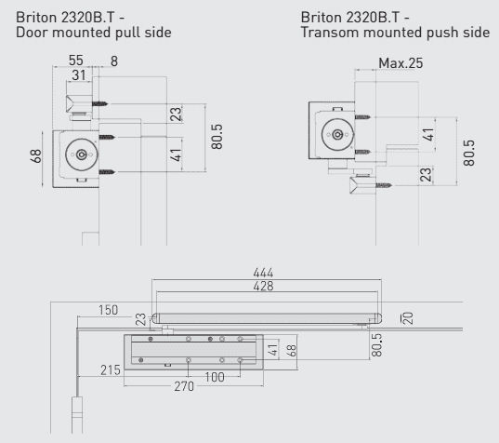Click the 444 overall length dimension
point(266,274)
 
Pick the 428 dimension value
point(266,287)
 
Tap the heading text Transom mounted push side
point(396,34)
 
